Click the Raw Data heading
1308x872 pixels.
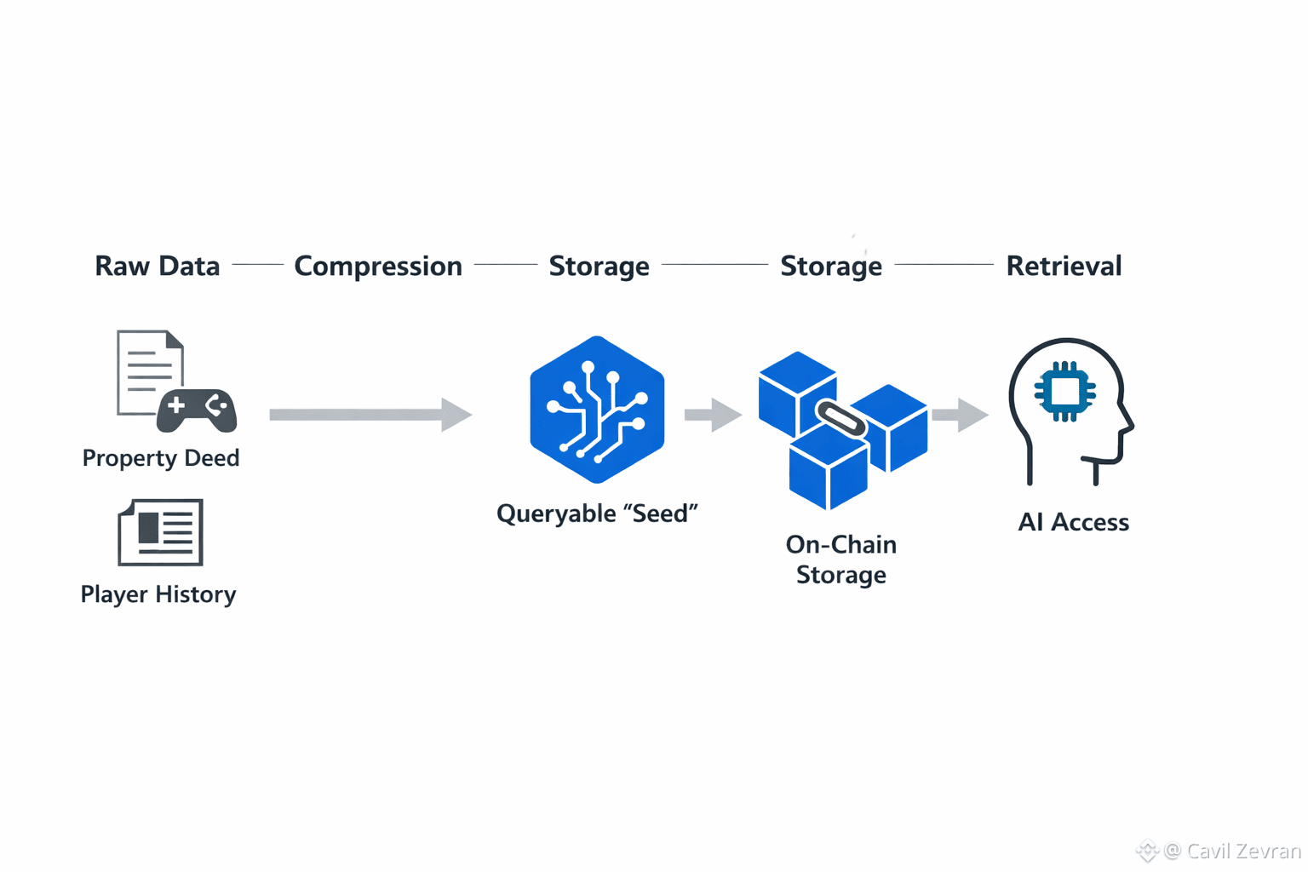coord(158,267)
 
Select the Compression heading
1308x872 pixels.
coord(378,267)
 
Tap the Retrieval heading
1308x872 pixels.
coord(1064,267)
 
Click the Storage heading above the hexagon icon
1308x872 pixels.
coord(599,267)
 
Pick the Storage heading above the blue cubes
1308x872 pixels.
coord(831,267)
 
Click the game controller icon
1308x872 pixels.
coord(197,410)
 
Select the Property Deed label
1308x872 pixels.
coord(161,458)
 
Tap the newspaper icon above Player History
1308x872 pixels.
coord(161,532)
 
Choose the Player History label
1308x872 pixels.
coord(158,594)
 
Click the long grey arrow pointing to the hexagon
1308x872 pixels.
coord(370,415)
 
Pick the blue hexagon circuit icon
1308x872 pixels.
coord(597,410)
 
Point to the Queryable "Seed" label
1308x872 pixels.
coord(597,513)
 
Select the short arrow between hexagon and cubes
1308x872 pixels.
coord(713,415)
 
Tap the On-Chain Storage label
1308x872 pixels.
coord(841,559)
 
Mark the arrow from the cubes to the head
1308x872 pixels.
coord(960,415)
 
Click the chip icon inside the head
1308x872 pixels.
coord(1064,392)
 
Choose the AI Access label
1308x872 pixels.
coord(1073,522)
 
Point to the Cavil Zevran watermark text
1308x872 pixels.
coord(1232,851)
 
